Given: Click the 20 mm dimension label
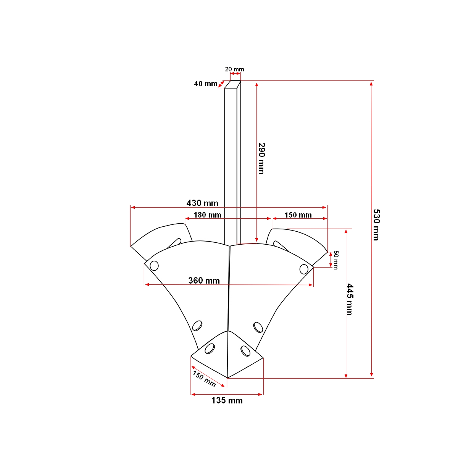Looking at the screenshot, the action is (x=234, y=69).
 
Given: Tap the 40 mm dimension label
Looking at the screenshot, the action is (x=206, y=84).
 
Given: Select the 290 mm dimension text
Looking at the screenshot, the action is (x=261, y=158).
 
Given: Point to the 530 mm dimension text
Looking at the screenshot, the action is (x=376, y=225).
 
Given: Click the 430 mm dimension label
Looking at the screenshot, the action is (x=202, y=203).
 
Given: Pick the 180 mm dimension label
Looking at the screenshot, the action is (x=207, y=215).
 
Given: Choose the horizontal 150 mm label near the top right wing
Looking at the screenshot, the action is (x=298, y=215).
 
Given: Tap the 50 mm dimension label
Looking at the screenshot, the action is (x=335, y=260).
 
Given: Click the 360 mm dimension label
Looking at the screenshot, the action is (x=204, y=281).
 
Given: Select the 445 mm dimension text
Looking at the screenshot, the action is (x=350, y=299).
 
